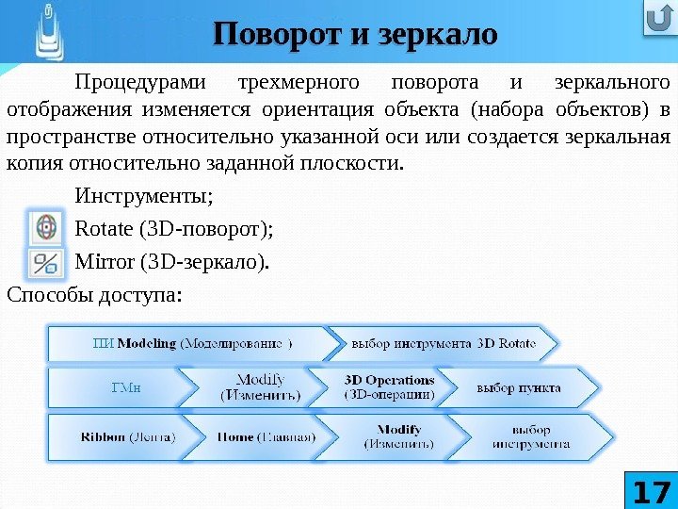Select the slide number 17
pos(651,490)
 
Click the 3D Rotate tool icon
pos(44,227)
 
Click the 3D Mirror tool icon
pos(44,261)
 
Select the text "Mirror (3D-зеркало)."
pos(170,261)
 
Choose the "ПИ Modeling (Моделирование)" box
pos(192,343)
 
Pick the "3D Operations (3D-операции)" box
pos(389,387)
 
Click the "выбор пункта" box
pos(519,387)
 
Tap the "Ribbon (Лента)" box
pos(121,436)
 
